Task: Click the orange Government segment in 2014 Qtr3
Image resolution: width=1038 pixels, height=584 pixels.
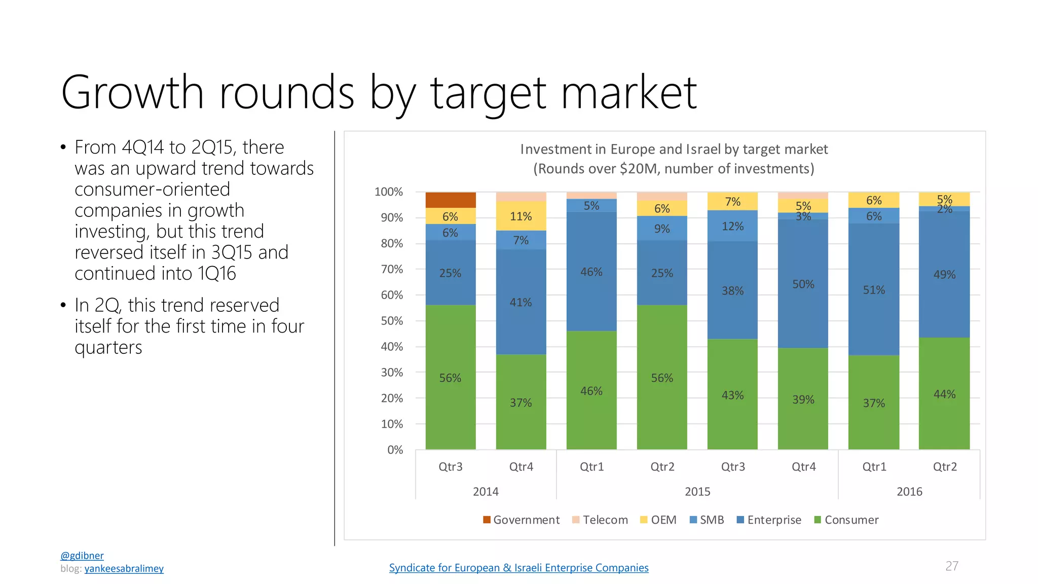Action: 451,200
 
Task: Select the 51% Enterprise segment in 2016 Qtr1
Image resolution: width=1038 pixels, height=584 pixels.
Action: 874,289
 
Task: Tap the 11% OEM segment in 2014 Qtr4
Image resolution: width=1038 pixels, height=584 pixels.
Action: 521,216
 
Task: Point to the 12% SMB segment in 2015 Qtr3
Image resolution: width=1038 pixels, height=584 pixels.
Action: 732,226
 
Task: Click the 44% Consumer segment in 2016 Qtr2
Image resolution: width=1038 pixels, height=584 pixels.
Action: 944,393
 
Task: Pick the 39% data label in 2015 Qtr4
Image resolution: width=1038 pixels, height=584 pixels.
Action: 803,399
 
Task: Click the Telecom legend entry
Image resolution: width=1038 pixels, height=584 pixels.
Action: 600,520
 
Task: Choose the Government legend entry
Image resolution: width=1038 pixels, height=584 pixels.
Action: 522,520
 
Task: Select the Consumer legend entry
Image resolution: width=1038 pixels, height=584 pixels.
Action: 846,520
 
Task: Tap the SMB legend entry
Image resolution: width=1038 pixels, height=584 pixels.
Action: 707,520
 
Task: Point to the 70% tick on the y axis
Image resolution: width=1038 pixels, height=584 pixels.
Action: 392,269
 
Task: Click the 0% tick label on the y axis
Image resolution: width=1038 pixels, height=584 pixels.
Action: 395,450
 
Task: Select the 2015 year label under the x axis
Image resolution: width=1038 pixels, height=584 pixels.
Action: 697,491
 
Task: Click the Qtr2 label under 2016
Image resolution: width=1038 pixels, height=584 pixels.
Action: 945,466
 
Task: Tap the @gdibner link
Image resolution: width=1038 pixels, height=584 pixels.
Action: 82,556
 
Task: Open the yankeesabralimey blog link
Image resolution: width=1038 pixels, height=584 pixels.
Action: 124,568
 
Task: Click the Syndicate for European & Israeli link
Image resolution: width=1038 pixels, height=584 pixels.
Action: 519,568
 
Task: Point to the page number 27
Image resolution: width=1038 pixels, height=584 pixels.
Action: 952,566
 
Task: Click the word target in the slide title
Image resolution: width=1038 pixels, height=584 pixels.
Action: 489,93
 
